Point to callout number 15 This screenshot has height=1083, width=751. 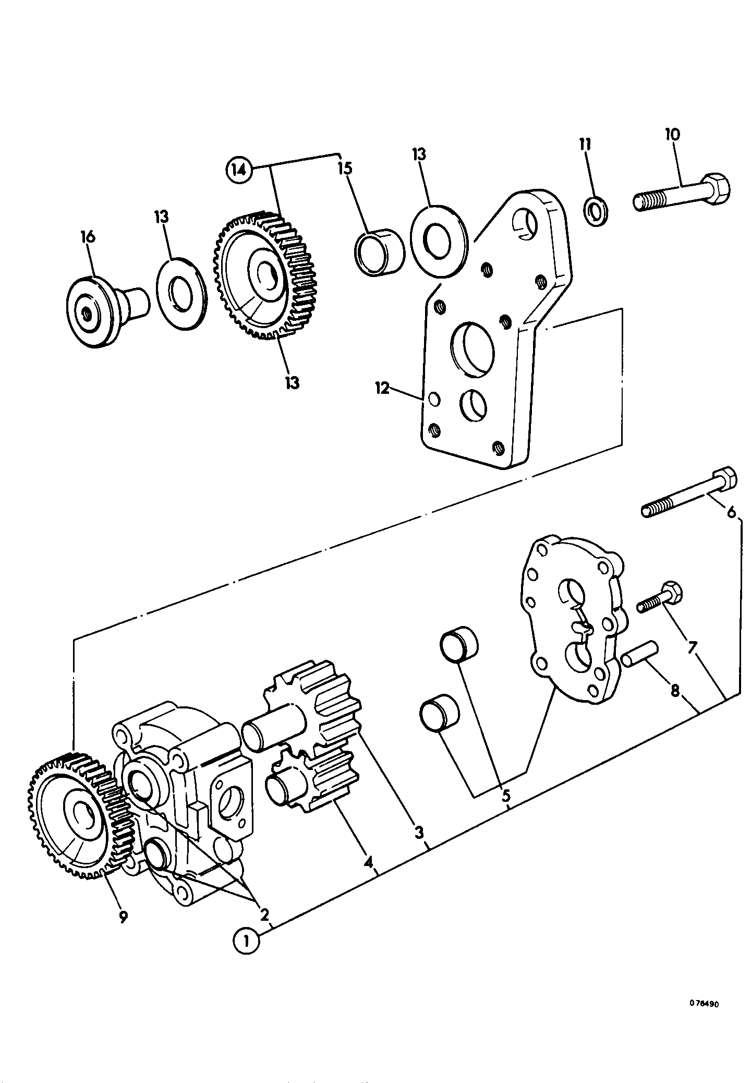pos(345,168)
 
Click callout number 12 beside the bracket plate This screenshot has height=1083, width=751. pos(383,388)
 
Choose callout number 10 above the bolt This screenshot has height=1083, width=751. pos(672,134)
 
